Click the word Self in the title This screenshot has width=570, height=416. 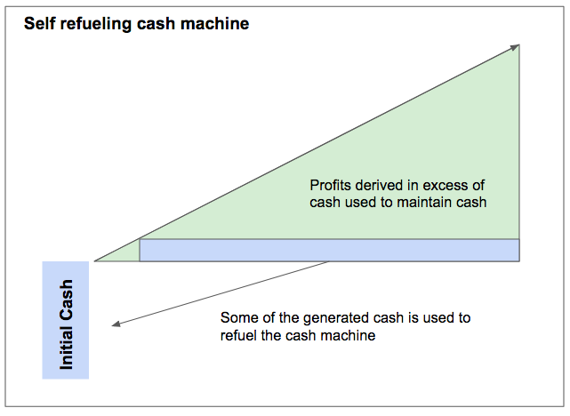tap(38, 24)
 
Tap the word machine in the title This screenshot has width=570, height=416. tap(217, 24)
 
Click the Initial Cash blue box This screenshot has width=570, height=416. tap(66, 320)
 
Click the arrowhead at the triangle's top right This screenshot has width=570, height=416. tap(515, 47)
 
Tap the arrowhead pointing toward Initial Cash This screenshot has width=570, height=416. tap(116, 325)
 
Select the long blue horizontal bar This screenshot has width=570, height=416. tap(329, 250)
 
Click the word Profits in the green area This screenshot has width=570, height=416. tap(330, 186)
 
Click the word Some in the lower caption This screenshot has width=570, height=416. tap(237, 317)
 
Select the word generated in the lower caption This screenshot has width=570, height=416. tap(319, 317)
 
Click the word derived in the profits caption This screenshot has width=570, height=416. tap(378, 186)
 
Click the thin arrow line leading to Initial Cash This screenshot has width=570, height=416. tap(222, 294)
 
